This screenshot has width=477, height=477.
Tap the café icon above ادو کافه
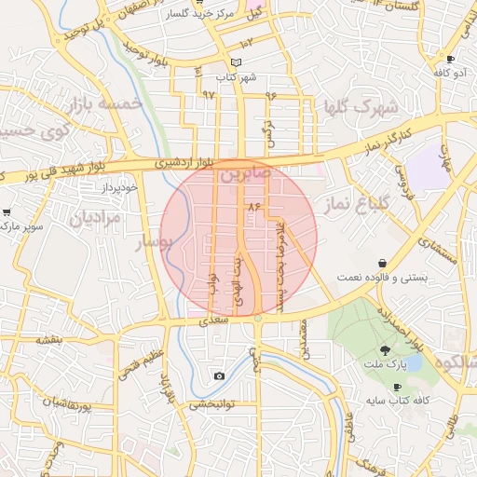click(451, 59)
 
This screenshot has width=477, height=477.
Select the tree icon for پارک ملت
click(386, 350)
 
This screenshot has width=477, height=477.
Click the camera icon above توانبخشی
click(219, 376)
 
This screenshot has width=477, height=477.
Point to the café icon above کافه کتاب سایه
click(398, 387)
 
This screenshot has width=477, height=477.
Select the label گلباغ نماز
click(348, 204)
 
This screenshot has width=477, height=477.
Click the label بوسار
click(155, 243)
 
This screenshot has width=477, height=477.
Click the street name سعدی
click(213, 320)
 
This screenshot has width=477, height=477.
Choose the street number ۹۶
click(271, 95)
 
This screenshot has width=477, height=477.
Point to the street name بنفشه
click(49, 340)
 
